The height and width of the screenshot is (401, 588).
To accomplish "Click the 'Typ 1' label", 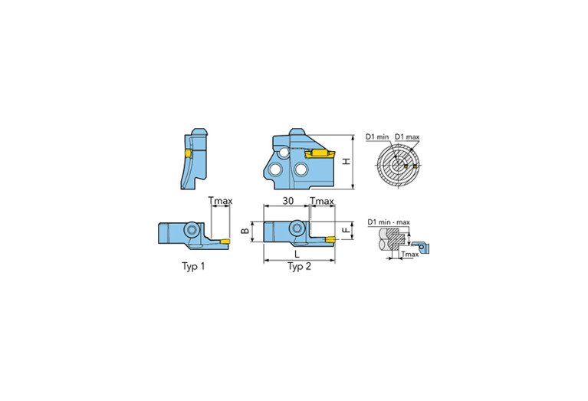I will coord(189,267).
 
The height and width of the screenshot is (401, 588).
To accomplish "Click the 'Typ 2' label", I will coord(299,267).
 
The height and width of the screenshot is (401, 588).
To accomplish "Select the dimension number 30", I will coord(287,201).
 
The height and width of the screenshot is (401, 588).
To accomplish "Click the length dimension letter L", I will coord(299,254).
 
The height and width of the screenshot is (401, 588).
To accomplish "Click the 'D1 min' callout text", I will coord(377,137).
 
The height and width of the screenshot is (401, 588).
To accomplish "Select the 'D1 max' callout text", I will coord(407,137).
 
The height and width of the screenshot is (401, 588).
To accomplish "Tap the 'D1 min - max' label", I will coord(389,222).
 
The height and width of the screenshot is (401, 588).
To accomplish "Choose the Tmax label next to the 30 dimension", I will coord(322,201).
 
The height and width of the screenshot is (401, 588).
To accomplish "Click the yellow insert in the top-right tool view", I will coord(316,154).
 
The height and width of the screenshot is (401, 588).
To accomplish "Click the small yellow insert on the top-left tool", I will coord(186,155).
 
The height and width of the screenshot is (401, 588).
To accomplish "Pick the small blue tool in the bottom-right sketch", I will coord(425,247).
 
